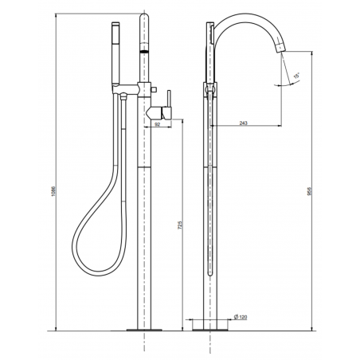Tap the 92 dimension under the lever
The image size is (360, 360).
(158, 125)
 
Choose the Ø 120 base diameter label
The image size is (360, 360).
(241, 319)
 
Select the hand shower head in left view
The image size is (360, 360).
(115, 55)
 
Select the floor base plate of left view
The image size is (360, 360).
(143, 327)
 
